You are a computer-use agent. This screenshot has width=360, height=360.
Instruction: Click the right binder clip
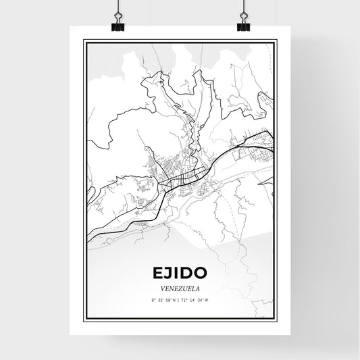242,24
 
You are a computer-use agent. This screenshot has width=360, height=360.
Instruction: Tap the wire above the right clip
242,6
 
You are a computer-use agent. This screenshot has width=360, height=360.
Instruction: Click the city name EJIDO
180,273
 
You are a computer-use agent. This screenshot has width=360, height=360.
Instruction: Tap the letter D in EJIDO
190,273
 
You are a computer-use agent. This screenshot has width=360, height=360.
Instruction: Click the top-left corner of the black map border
84,41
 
